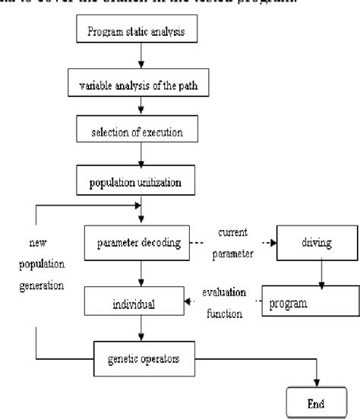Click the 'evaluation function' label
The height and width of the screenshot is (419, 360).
click(x=226, y=304)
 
